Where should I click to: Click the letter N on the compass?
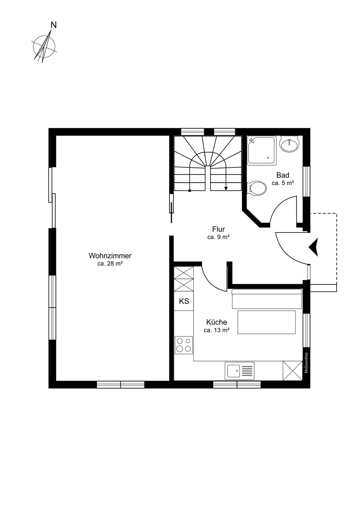click(53, 25)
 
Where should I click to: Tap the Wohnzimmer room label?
click(110, 256)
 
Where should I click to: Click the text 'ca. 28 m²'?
click(110, 264)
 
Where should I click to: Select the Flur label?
click(218, 229)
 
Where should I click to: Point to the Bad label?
click(283, 175)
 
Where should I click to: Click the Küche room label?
click(216, 322)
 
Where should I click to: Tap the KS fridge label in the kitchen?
click(184, 301)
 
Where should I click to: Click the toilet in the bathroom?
click(258, 188)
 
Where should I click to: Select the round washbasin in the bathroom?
click(289, 144)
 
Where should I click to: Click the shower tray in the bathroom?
click(262, 150)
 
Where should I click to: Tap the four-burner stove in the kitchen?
click(184, 345)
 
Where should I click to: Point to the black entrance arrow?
click(313, 247)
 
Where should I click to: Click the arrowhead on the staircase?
click(226, 188)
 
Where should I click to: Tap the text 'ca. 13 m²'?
click(216, 330)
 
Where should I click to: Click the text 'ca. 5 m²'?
click(283, 183)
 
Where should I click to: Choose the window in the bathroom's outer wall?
click(307, 181)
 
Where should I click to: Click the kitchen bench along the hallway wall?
click(267, 299)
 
